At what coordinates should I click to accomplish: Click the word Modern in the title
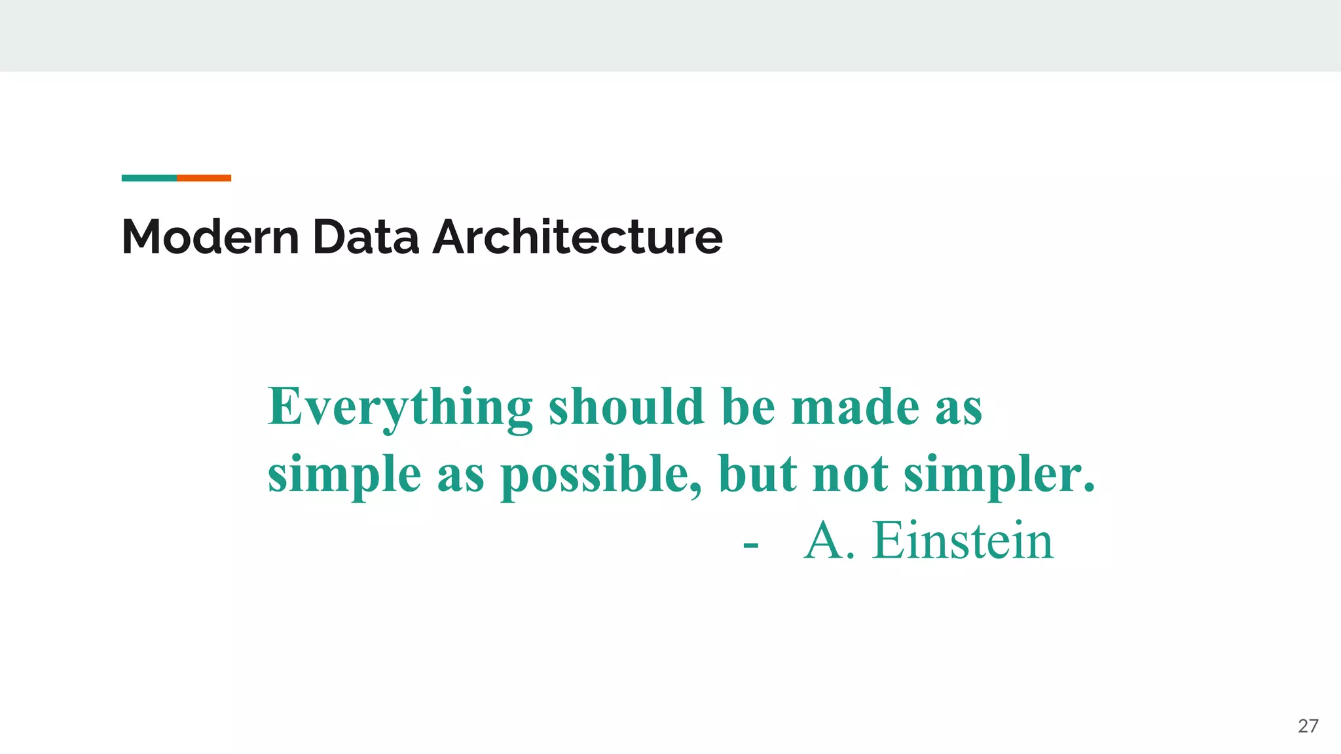coord(210,237)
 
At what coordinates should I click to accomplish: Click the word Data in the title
coord(365,237)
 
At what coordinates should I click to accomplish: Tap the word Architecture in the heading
coord(578,237)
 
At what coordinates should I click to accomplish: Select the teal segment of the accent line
coord(149,178)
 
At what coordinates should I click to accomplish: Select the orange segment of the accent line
coord(204,178)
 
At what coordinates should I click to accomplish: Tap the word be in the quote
coord(748,407)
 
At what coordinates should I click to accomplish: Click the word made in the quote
coord(855,407)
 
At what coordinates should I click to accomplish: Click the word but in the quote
coord(758,474)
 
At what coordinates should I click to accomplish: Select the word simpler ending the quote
coord(999,475)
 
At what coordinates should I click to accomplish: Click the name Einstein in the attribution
coord(963,541)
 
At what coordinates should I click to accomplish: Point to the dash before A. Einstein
coord(751,545)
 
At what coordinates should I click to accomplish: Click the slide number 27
coord(1308,726)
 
